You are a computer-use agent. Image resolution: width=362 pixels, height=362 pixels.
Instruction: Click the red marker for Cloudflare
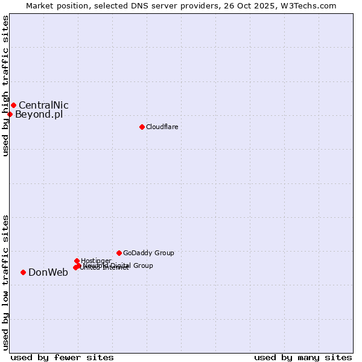(142, 127)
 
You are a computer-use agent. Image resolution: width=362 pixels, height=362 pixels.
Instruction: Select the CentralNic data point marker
(13, 106)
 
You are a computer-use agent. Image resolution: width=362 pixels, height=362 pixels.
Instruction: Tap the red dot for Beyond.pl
(10, 114)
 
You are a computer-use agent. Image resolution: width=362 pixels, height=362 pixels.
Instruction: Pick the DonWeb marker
(23, 272)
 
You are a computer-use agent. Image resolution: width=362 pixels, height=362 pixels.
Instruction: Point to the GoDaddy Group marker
(119, 253)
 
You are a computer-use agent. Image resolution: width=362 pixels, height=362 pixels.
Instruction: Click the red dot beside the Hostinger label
(77, 261)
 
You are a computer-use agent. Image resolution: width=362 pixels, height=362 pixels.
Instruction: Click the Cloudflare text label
(162, 127)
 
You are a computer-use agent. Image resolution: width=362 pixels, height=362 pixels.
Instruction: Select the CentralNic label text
(43, 106)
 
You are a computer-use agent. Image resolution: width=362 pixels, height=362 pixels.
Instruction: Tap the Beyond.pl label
(39, 115)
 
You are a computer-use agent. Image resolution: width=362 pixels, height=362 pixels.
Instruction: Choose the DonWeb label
(48, 272)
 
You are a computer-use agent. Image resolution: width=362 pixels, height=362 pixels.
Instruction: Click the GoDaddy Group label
(148, 253)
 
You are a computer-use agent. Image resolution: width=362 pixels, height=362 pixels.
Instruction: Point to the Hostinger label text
(96, 261)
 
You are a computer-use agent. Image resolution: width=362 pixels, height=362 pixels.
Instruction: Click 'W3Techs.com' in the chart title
(311, 5)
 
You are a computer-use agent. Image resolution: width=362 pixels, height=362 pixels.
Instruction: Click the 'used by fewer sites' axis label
(62, 357)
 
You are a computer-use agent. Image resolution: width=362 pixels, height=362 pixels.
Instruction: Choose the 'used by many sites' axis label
(303, 357)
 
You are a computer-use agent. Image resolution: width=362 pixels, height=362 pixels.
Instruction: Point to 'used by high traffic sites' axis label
(5, 86)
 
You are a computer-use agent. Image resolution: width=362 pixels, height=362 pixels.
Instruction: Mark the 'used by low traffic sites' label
(5, 282)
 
